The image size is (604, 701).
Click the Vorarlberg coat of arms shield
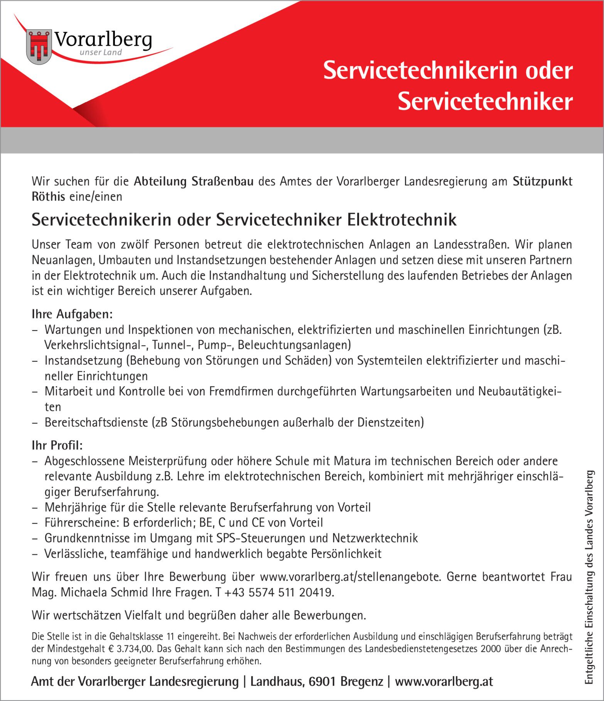39,47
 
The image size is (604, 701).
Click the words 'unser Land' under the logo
101,52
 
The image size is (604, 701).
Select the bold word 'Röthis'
48,196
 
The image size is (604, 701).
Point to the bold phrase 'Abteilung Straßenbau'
194,181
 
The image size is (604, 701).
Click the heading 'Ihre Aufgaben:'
72,314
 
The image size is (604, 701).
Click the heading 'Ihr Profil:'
57,445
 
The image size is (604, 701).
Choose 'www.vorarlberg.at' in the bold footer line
444,682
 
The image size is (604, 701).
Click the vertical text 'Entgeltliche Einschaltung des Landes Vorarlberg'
589,577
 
